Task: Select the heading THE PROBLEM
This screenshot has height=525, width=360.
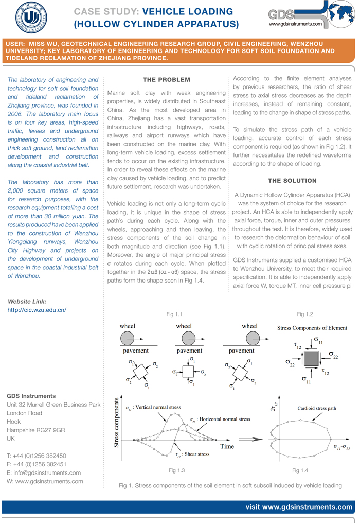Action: [x=166, y=80]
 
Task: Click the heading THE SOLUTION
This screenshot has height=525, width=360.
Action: [x=292, y=181]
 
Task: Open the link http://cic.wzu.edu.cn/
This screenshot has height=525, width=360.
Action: [x=37, y=310]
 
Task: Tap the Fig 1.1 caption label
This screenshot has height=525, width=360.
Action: [x=174, y=314]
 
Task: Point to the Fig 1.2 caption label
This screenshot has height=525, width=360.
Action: [x=304, y=314]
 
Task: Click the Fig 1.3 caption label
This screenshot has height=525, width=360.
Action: [x=176, y=470]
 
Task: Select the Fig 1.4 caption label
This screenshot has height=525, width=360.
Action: [x=300, y=470]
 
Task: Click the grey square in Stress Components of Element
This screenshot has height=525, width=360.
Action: [x=310, y=358]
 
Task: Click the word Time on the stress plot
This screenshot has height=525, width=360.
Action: [x=227, y=446]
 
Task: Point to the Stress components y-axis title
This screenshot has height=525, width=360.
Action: [x=116, y=422]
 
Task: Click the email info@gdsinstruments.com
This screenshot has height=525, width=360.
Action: [x=44, y=472]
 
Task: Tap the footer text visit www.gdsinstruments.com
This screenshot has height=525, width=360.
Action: [x=299, y=507]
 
